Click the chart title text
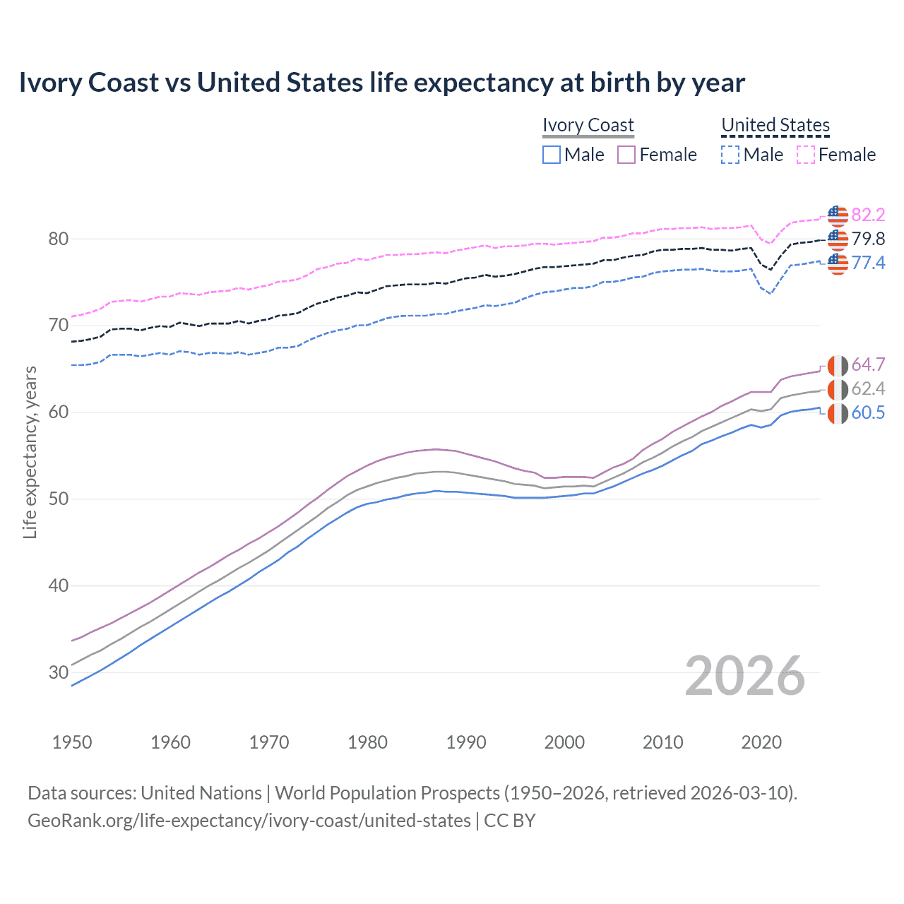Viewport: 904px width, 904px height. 381,83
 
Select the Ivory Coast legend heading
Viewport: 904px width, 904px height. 588,125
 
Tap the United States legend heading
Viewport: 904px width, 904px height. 775,125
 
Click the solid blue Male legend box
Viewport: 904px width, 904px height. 552,155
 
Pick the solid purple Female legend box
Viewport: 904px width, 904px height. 626,155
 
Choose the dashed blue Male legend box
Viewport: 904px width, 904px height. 730,155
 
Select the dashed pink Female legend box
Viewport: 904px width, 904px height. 806,155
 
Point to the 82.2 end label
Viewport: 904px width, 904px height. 868,215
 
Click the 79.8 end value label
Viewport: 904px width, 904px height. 868,239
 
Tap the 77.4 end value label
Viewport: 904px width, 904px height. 868,263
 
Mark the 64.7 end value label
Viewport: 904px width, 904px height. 868,364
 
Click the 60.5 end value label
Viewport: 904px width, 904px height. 868,412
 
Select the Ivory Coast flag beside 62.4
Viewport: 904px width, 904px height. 838,388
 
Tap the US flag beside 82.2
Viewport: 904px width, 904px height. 838,215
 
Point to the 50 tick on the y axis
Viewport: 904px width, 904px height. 59,499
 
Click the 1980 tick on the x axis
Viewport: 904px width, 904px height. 367,742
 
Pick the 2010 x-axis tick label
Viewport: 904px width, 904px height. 662,742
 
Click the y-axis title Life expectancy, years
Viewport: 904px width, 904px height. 30,452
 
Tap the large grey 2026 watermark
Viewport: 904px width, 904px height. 745,676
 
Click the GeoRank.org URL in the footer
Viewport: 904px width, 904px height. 249,821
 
